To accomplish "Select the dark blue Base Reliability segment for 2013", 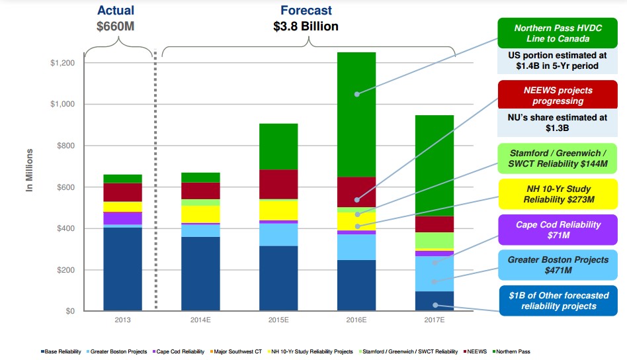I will coord(122,269).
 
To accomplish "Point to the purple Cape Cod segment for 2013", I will coord(122,218).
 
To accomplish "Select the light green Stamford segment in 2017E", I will coord(434,240).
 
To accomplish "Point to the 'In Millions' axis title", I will coord(30,171).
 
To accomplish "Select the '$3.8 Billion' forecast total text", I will coord(306,26).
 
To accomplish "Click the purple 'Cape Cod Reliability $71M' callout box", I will coord(559,230).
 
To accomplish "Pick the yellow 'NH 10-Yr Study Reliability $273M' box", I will coord(559,193).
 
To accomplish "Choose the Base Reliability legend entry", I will coord(63,351).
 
